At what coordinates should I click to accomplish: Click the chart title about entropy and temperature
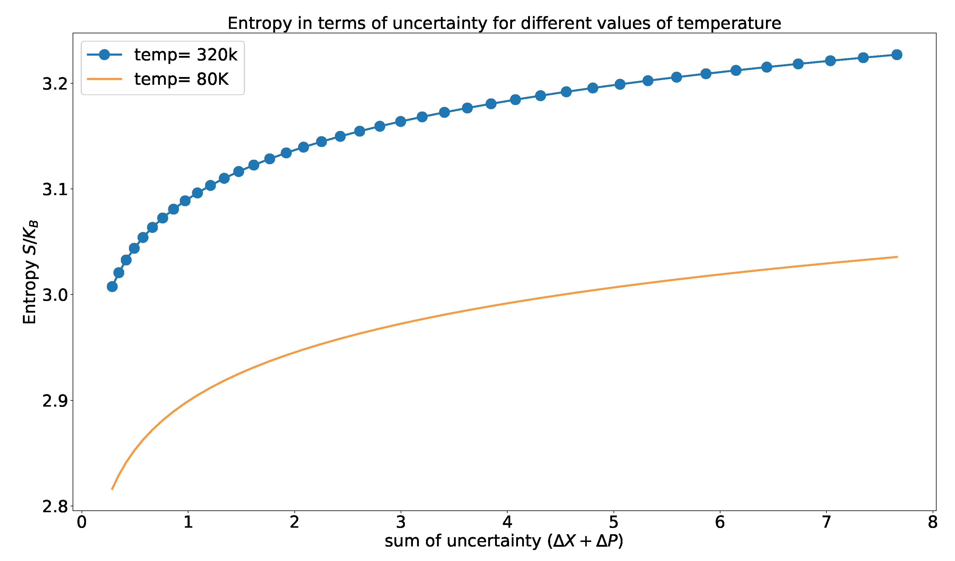(504, 23)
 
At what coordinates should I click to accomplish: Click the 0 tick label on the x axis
(82, 522)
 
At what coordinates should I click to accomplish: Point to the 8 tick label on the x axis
(933, 522)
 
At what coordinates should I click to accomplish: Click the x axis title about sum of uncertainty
(504, 541)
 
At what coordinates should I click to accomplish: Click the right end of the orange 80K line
(897, 257)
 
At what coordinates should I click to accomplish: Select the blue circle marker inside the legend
(104, 55)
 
